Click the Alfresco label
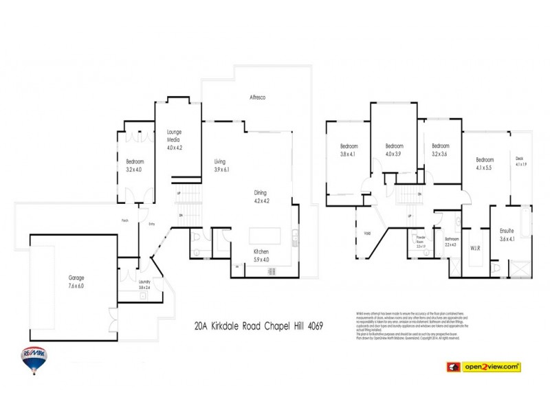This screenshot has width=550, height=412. point(257,98)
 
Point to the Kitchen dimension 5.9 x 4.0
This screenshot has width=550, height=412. point(260,260)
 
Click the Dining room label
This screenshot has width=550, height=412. point(260,193)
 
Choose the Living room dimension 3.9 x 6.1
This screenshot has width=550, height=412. point(221,169)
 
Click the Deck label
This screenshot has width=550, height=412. point(520,159)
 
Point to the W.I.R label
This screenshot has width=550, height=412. point(475,248)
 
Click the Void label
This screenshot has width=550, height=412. point(366,233)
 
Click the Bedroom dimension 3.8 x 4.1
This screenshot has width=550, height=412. point(347,154)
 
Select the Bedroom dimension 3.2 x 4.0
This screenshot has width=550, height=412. point(133,169)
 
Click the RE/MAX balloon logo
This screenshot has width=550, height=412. point(33,359)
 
